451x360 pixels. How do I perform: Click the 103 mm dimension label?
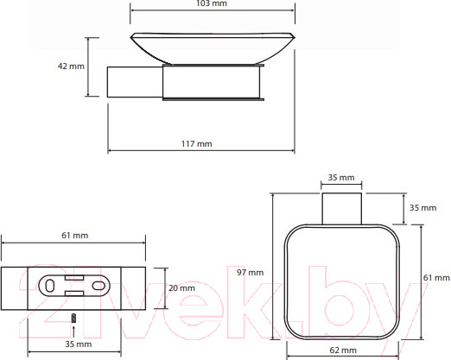212,3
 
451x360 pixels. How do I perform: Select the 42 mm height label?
71,66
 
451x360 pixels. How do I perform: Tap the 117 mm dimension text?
197,143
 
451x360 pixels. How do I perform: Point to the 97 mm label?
250,272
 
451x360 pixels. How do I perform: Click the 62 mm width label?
343,351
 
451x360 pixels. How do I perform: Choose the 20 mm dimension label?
181,288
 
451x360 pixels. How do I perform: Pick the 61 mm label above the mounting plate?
75,236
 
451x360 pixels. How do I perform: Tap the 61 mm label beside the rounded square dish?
436,278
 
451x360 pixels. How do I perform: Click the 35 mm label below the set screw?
79,344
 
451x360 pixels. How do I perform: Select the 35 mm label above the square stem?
341,178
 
